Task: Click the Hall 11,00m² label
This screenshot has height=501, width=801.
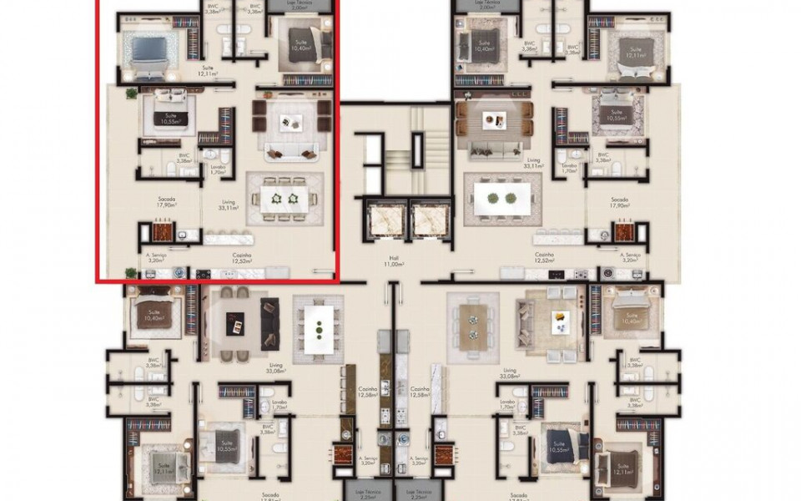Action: [393, 261]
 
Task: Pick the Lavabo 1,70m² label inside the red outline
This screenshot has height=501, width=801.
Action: [219, 169]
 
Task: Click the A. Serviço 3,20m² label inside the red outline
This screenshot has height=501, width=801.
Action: [155, 257]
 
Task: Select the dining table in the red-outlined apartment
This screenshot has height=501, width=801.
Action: [284, 198]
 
